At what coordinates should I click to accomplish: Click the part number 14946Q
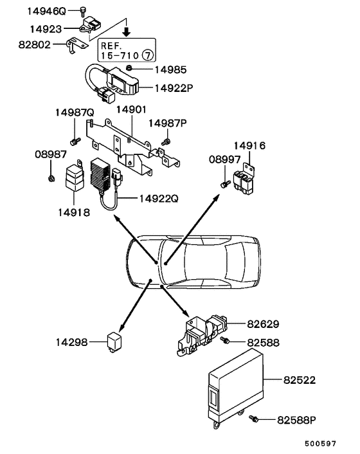pyautogui.click(x=46, y=11)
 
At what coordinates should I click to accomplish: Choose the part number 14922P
pyautogui.click(x=174, y=88)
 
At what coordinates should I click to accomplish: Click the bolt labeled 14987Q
pyautogui.click(x=74, y=140)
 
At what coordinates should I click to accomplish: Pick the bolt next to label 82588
pyautogui.click(x=225, y=340)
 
